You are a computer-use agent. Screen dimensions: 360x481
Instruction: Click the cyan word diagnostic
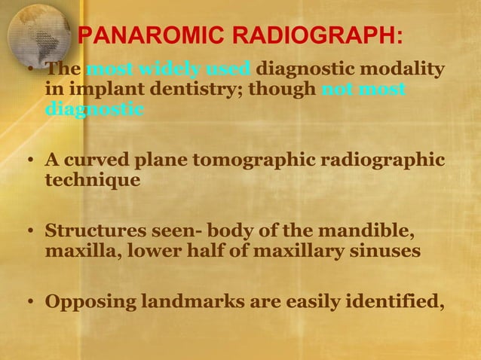click(94, 109)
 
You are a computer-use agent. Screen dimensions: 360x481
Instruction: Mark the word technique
click(92, 182)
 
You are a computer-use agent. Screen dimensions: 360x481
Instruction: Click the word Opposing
click(88, 304)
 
